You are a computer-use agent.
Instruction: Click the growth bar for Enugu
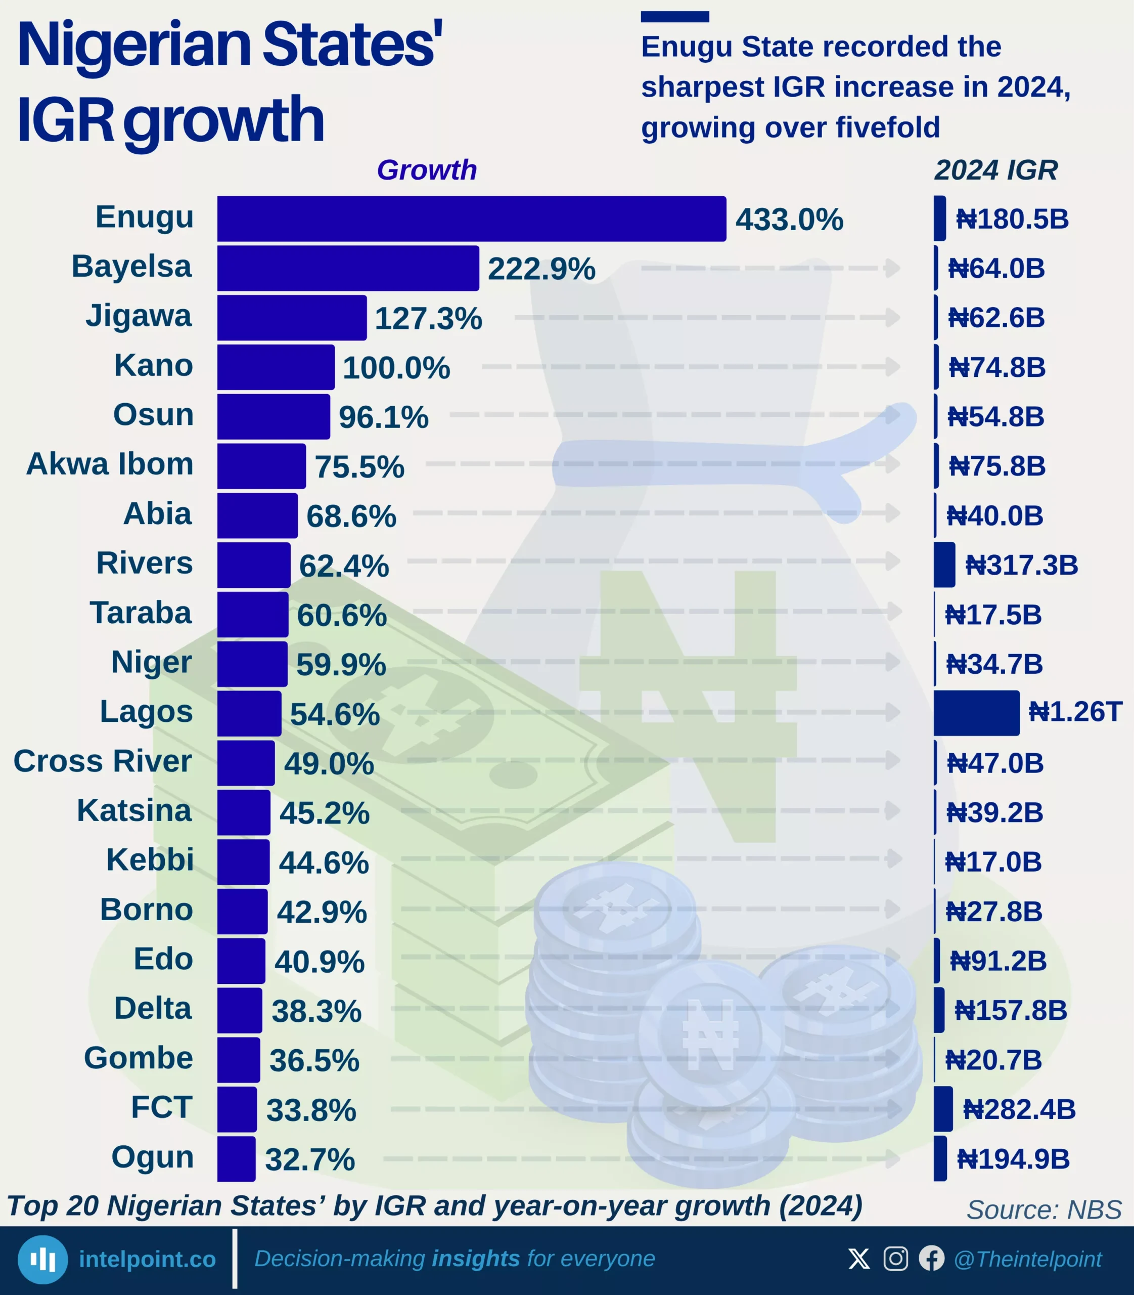click(x=471, y=219)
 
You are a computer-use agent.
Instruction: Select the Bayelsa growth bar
click(x=348, y=268)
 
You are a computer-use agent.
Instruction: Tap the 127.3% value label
click(x=428, y=318)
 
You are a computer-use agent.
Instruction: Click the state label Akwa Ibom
click(x=110, y=464)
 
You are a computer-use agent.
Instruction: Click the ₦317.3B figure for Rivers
click(x=1021, y=565)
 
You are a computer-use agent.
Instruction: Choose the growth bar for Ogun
click(x=236, y=1158)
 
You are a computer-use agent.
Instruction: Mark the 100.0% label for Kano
click(x=396, y=368)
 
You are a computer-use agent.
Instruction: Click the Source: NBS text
click(x=1044, y=1210)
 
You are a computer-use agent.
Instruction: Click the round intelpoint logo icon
click(x=42, y=1260)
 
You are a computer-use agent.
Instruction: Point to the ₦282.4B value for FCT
click(x=1019, y=1109)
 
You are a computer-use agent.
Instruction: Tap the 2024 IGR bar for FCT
click(x=943, y=1109)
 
